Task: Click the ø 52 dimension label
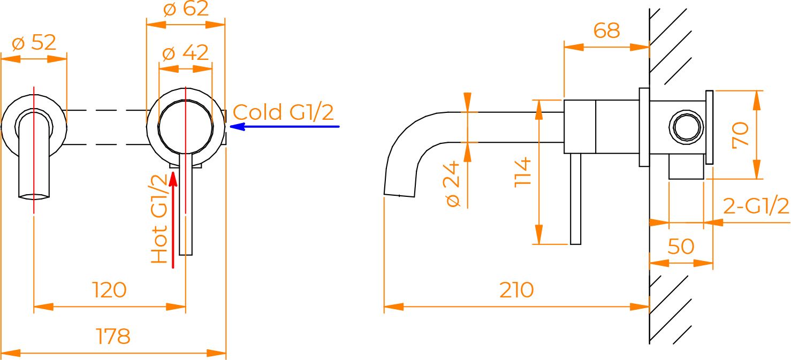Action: pyautogui.click(x=34, y=43)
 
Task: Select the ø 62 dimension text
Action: pyautogui.click(x=186, y=9)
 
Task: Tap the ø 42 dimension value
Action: pyautogui.click(x=185, y=53)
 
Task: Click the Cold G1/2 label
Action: pyautogui.click(x=283, y=113)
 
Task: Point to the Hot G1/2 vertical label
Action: pyautogui.click(x=159, y=220)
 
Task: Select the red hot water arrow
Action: pyautogui.click(x=173, y=219)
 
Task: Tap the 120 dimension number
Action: pyautogui.click(x=110, y=290)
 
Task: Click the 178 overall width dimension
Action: pyautogui.click(x=113, y=337)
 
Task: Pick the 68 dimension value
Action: pyautogui.click(x=606, y=31)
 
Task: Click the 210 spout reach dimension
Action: pyautogui.click(x=516, y=290)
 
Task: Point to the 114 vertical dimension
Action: pyautogui.click(x=523, y=172)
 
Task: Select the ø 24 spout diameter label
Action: pyautogui.click(x=453, y=185)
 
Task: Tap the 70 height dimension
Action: pyautogui.click(x=741, y=135)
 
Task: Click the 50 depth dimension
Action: pyautogui.click(x=681, y=247)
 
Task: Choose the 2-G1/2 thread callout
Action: pyautogui.click(x=756, y=206)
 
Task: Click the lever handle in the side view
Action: pyautogui.click(x=575, y=198)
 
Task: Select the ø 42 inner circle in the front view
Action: pyautogui.click(x=186, y=126)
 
